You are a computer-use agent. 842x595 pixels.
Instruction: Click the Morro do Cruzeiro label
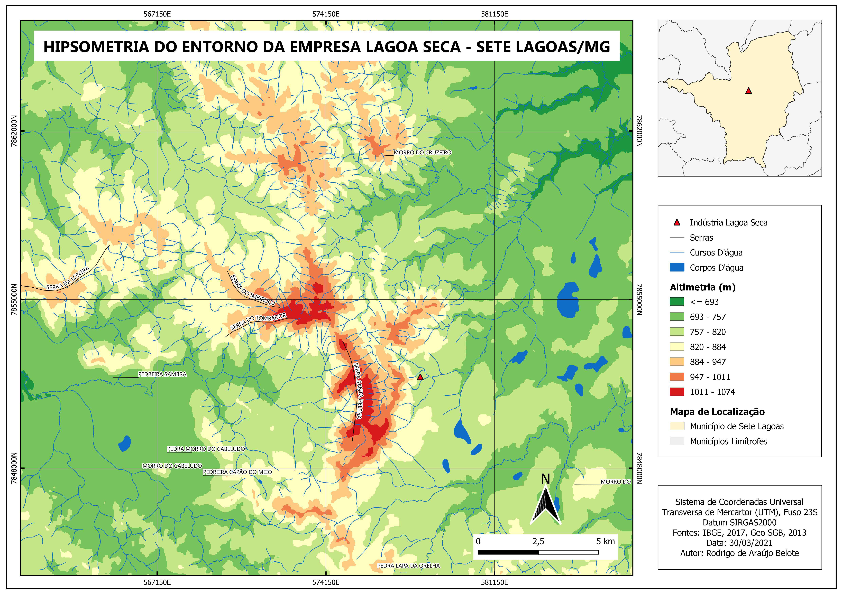[423, 153]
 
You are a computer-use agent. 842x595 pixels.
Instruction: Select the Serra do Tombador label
[258, 322]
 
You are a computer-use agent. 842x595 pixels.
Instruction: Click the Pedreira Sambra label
[162, 374]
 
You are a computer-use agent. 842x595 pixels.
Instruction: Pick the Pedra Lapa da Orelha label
[409, 566]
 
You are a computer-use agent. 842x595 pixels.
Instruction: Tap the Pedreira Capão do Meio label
[238, 472]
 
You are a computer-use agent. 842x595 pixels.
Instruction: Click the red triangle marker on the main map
[420, 377]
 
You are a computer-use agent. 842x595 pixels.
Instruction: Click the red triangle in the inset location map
[748, 91]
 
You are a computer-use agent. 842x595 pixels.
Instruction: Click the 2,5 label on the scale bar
[538, 542]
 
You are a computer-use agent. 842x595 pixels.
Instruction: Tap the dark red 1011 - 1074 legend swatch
[677, 392]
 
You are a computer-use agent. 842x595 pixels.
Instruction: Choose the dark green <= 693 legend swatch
[677, 302]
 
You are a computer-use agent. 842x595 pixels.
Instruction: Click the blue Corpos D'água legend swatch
[677, 268]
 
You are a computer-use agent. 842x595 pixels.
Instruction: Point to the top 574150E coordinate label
[326, 14]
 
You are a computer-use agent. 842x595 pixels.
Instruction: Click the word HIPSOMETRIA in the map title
[96, 47]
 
